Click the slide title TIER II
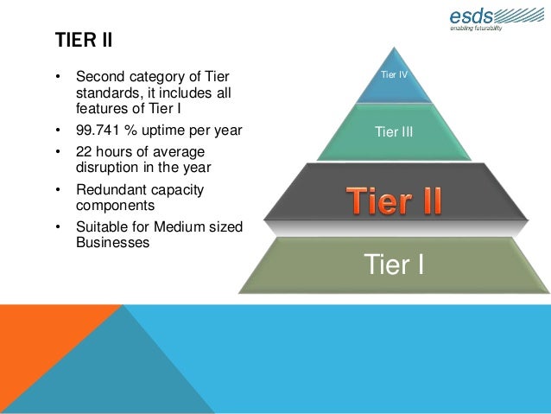[84, 41]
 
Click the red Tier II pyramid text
[395, 201]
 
